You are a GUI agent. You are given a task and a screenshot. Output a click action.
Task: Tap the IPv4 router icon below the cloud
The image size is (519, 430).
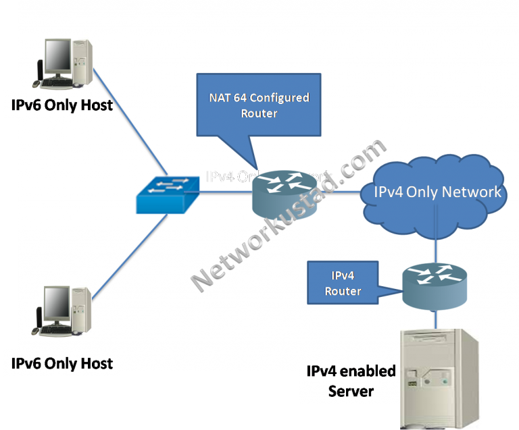435,283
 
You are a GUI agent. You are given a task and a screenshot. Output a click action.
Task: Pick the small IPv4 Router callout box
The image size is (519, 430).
343,284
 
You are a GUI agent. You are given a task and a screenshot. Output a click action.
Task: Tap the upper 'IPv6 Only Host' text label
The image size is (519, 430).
61,105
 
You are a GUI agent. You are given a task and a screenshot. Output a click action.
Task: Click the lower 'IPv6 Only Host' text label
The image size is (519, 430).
61,363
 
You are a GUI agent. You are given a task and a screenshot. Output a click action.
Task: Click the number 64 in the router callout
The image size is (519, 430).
241,99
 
